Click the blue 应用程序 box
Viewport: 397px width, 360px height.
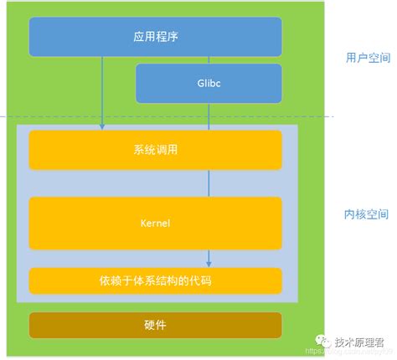point(156,37)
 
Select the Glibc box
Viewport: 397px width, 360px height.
point(209,83)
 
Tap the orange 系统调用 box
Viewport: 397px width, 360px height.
point(156,151)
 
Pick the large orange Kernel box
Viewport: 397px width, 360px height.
point(156,224)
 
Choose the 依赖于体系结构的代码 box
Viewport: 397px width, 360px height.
point(156,280)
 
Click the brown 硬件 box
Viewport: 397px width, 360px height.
point(156,325)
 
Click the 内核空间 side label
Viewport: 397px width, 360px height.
point(364,214)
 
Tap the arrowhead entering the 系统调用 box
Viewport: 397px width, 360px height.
point(102,126)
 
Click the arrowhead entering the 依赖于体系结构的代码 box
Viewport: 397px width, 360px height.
point(209,265)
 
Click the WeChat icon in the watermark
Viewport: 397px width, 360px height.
point(322,342)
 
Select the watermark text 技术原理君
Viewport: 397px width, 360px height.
point(358,342)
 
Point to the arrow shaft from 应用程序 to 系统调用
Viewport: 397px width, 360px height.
point(102,92)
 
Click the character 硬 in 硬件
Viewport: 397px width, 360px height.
point(149,325)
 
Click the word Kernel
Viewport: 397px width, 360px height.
point(156,224)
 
